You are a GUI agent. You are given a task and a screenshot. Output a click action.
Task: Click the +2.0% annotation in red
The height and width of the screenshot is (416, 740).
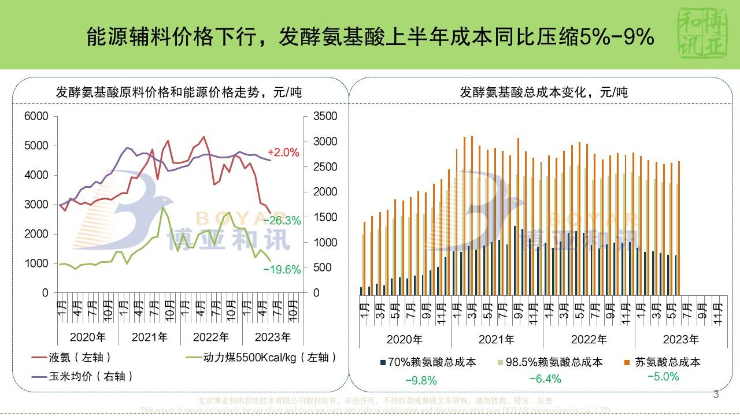tap(283, 153)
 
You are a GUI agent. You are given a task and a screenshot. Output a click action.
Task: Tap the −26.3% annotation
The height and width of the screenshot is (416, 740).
tap(282, 220)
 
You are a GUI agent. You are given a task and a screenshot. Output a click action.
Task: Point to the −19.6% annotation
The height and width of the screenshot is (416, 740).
tap(282, 269)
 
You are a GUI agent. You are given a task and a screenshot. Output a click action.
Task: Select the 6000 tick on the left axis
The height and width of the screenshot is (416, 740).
tap(37, 116)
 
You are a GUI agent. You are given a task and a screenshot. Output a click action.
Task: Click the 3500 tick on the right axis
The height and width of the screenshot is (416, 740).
tap(325, 116)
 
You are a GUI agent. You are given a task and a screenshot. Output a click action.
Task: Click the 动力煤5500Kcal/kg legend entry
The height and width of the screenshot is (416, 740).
tap(269, 358)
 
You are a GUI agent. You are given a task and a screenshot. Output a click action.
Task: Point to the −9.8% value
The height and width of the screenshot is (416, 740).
tap(421, 381)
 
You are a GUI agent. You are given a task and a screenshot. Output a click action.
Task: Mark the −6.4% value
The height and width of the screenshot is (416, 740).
tap(545, 379)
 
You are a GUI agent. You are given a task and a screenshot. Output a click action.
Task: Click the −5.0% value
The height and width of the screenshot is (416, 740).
tap(663, 377)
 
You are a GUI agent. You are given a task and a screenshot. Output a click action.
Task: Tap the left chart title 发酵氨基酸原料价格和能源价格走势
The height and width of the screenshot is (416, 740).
tap(179, 92)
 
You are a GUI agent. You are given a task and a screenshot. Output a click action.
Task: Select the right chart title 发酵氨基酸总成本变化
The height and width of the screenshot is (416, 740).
tap(543, 92)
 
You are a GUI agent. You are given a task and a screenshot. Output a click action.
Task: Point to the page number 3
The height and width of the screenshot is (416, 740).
tap(716, 395)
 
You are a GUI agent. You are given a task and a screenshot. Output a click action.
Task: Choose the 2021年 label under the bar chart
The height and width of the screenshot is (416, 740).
tap(497, 339)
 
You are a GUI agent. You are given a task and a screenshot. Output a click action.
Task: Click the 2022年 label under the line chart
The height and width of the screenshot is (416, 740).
tap(211, 336)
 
